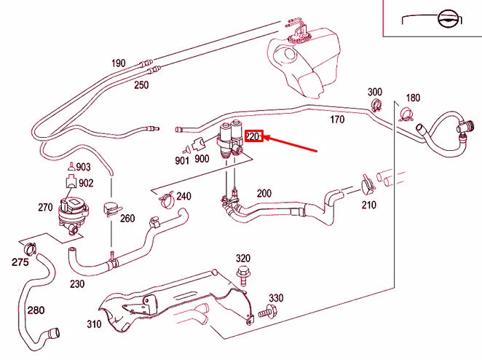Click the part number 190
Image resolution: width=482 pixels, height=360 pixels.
click(119, 63)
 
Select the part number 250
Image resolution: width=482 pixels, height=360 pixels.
click(141, 85)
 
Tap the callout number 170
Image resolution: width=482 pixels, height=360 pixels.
click(337, 119)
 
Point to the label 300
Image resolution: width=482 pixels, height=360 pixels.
click(374, 93)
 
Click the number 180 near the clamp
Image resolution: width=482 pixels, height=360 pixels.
click(413, 98)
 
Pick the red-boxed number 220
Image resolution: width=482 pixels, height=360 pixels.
click(253, 136)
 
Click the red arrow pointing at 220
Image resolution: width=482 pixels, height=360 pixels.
click(291, 144)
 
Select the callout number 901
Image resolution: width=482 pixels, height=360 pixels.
click(182, 160)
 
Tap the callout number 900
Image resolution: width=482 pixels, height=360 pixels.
click(202, 159)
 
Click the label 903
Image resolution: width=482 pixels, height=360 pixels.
click(84, 168)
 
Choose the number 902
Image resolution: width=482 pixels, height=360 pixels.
click(86, 184)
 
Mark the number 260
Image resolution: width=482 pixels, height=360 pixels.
click(127, 218)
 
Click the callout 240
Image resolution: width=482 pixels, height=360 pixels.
click(183, 196)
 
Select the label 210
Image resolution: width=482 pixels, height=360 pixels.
click(368, 205)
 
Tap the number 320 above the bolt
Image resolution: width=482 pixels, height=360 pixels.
click(242, 259)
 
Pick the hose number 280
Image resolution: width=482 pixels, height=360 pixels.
click(36, 310)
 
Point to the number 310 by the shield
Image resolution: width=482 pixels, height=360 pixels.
click(95, 324)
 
